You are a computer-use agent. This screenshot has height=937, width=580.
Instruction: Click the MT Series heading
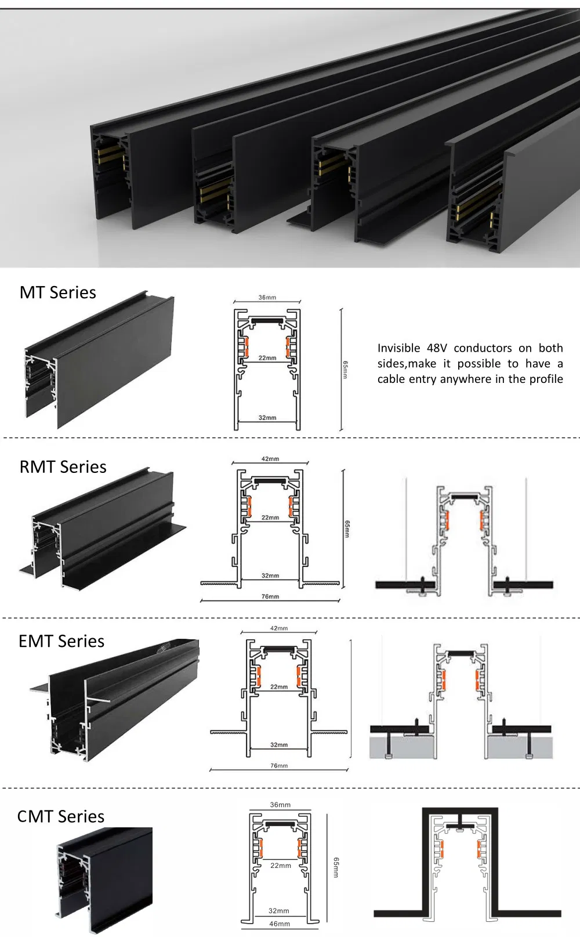click(57, 292)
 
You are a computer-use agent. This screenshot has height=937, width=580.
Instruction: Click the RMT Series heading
click(63, 467)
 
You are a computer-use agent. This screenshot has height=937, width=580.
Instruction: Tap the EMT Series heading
click(61, 641)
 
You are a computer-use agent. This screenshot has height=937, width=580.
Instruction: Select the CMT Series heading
click(61, 816)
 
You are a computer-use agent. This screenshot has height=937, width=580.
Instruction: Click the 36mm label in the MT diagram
click(267, 298)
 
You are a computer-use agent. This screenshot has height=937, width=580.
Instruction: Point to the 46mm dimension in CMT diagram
click(280, 924)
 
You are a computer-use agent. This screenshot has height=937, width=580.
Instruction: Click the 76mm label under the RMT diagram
click(270, 596)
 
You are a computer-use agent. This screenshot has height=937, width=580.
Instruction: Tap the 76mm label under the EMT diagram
click(279, 766)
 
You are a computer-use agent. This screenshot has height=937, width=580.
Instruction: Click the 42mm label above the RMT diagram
click(270, 459)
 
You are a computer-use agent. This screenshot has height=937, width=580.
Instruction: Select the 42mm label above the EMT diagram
click(279, 628)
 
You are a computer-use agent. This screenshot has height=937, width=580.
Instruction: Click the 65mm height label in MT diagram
click(345, 370)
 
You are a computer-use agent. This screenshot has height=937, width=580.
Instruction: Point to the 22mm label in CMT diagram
click(281, 866)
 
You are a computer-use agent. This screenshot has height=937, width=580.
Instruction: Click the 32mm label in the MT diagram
click(267, 418)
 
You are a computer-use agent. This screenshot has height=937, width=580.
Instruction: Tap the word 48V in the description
click(437, 348)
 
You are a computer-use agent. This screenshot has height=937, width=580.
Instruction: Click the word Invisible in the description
click(398, 348)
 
